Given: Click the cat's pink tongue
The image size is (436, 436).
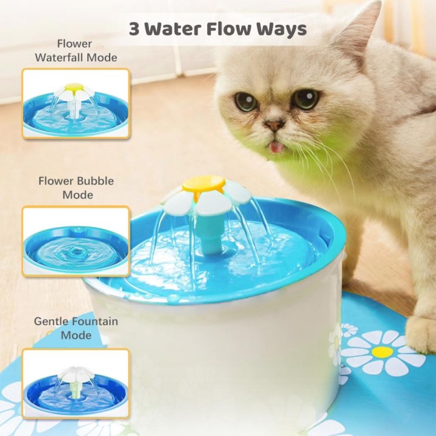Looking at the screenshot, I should click(276, 147).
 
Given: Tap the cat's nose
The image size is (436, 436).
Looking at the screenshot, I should click(274, 125).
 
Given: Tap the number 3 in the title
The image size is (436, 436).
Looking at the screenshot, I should click(134, 28).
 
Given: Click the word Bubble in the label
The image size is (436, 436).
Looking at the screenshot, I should click(95, 181).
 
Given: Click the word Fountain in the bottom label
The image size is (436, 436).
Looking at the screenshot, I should click(96, 322).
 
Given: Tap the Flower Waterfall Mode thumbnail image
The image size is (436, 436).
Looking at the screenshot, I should click(76, 105).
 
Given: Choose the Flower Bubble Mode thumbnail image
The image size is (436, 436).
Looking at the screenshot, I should click(76, 241).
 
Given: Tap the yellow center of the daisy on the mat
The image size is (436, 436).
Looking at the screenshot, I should click(382, 352).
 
